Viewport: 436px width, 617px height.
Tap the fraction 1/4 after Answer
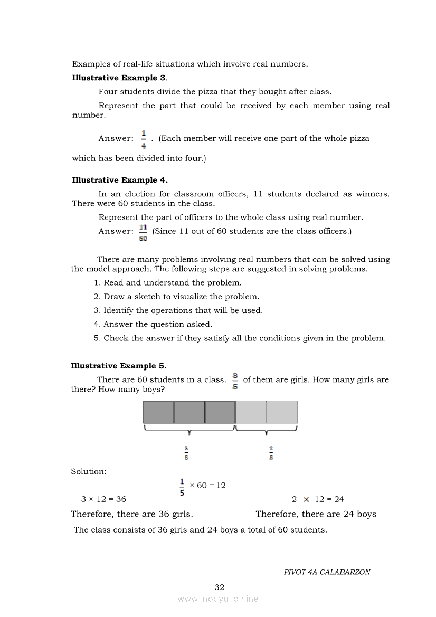pyautogui.click(x=144, y=139)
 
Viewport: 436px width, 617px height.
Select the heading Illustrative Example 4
pyautogui.click(x=120, y=180)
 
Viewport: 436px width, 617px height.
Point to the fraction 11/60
pyautogui.click(x=143, y=232)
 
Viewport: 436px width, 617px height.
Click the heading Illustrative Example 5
pyautogui.click(x=119, y=366)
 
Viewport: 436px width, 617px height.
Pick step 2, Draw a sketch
pyautogui.click(x=176, y=297)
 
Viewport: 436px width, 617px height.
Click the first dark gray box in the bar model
pyautogui.click(x=158, y=412)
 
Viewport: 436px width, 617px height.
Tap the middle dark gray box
pyautogui.click(x=189, y=412)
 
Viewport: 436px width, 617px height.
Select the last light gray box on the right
pyautogui.click(x=282, y=412)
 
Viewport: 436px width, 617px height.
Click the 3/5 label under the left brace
pyautogui.click(x=186, y=453)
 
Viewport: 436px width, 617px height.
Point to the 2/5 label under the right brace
pyautogui.click(x=271, y=453)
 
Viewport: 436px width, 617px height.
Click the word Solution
pyautogui.click(x=89, y=471)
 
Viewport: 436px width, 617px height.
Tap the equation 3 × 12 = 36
pyautogui.click(x=103, y=499)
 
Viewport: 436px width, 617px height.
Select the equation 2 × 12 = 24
pyautogui.click(x=318, y=499)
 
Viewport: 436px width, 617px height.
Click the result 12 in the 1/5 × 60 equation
pyautogui.click(x=220, y=485)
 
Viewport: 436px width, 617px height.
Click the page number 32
pyautogui.click(x=220, y=587)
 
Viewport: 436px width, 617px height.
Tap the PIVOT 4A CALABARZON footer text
pyautogui.click(x=327, y=572)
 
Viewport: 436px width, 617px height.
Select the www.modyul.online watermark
pyautogui.click(x=218, y=599)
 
